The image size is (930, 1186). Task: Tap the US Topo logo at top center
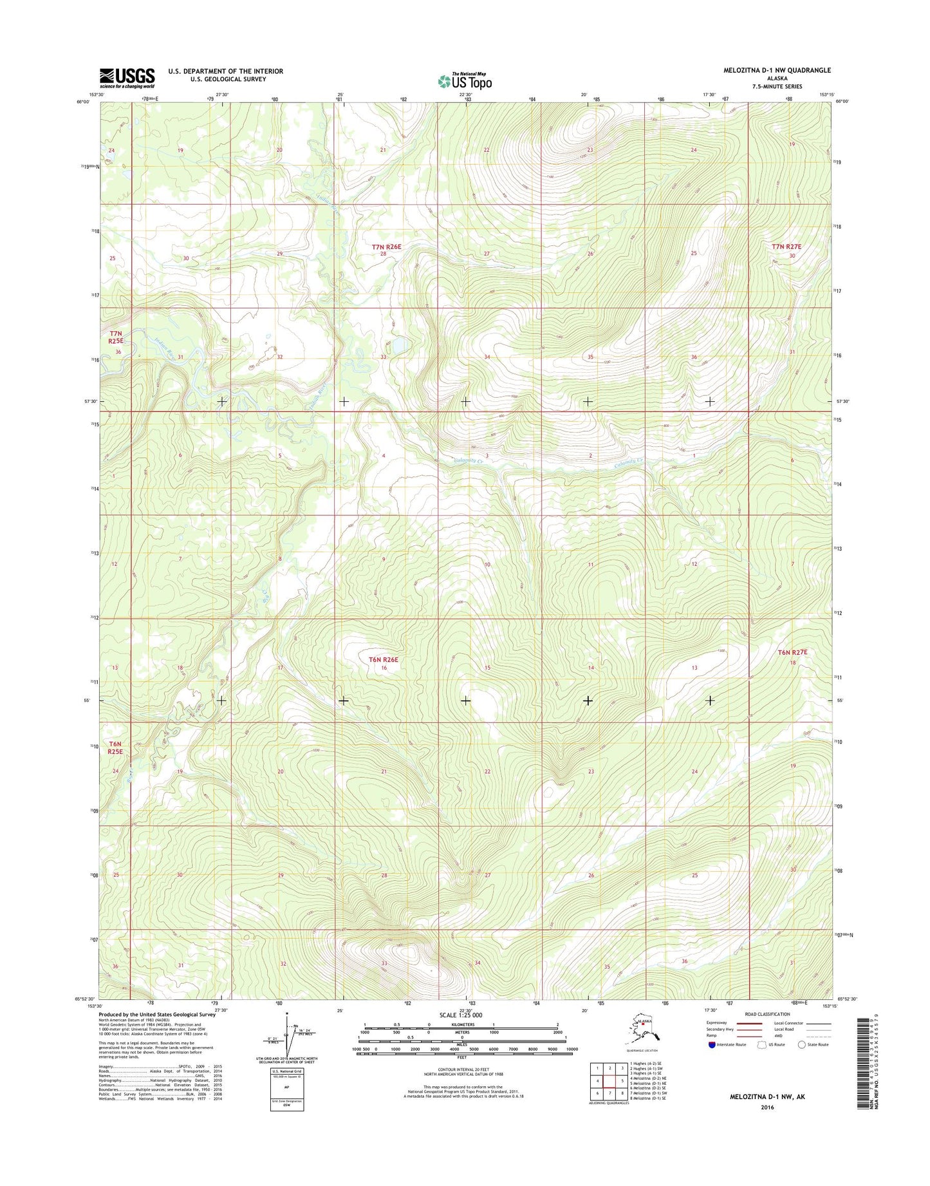[465, 81]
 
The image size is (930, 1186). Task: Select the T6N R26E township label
[384, 659]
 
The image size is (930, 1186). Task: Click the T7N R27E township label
[786, 247]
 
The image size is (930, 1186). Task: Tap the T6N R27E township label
[792, 652]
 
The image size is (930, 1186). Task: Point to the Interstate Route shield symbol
[712, 1045]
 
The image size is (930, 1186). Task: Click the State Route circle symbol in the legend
[802, 1045]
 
